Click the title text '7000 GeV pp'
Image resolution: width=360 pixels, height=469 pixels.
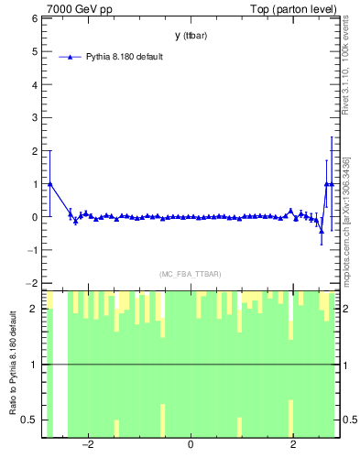[x=78, y=9]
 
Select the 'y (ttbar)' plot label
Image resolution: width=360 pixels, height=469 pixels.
[x=191, y=36]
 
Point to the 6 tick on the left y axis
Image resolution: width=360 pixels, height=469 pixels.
[x=36, y=18]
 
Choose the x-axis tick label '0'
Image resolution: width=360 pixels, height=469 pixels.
[x=191, y=445]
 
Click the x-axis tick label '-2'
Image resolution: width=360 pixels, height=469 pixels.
[x=88, y=445]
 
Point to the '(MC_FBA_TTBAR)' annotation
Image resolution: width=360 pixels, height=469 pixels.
[x=191, y=274]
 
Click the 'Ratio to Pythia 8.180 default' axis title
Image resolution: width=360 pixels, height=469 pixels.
[x=12, y=365]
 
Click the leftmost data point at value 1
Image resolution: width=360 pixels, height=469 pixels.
[x=49, y=183]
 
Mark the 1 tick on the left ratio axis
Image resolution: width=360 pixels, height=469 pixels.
[x=36, y=365]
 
